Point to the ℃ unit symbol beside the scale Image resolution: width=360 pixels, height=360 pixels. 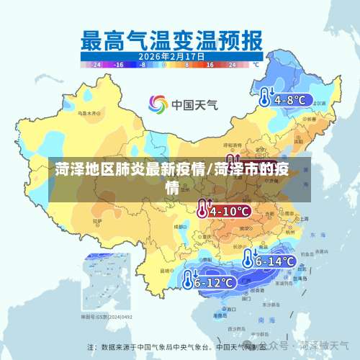253,64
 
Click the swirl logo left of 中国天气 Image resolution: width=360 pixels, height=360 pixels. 158,104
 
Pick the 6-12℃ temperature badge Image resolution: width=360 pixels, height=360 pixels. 215,282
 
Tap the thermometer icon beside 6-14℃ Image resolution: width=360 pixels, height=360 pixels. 249,260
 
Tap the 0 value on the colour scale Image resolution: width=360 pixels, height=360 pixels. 164,64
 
